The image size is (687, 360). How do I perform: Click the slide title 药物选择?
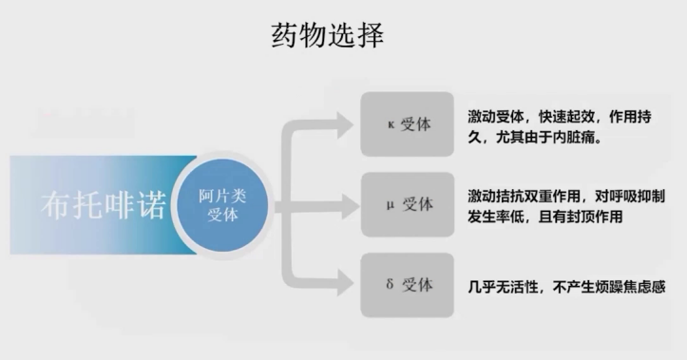(x=327, y=36)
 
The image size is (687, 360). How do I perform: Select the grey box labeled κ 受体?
(x=407, y=123)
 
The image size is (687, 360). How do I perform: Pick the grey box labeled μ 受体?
(x=407, y=203)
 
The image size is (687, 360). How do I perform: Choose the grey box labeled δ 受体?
(x=407, y=283)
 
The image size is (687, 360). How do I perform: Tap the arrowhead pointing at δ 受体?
(x=344, y=283)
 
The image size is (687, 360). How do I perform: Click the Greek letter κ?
(x=387, y=124)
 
